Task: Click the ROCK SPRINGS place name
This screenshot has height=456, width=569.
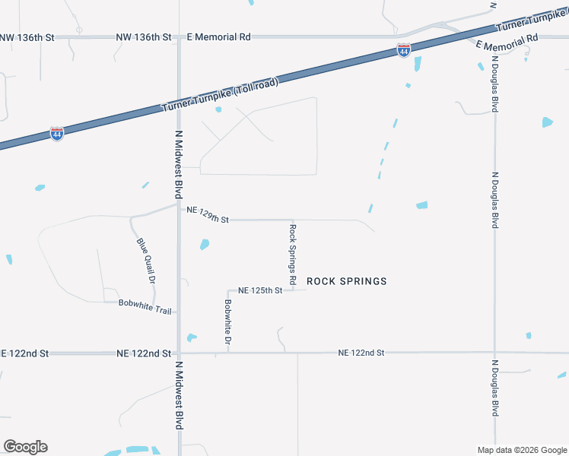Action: pos(346,281)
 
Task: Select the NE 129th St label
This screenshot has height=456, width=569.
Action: pos(208,216)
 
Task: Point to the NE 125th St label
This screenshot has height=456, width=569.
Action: pos(260,290)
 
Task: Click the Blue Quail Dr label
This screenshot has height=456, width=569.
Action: pos(146,261)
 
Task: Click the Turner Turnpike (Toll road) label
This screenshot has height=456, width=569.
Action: pos(221,95)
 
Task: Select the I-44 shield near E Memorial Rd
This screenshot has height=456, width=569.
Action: pos(404,51)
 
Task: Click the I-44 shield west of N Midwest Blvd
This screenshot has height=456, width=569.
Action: pos(57,134)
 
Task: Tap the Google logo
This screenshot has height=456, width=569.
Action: pos(25,447)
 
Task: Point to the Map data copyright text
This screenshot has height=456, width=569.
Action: pos(522,450)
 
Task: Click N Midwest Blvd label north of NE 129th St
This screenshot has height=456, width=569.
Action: pos(180,163)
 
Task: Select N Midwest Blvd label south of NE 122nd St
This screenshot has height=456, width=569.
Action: pos(180,395)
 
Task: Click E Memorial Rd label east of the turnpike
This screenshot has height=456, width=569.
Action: pos(507,42)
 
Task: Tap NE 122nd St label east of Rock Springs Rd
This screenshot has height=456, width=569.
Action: pos(361,353)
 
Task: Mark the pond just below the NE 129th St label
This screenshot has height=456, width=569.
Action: pos(204,244)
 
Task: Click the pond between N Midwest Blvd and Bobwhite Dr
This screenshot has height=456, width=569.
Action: pos(192,337)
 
